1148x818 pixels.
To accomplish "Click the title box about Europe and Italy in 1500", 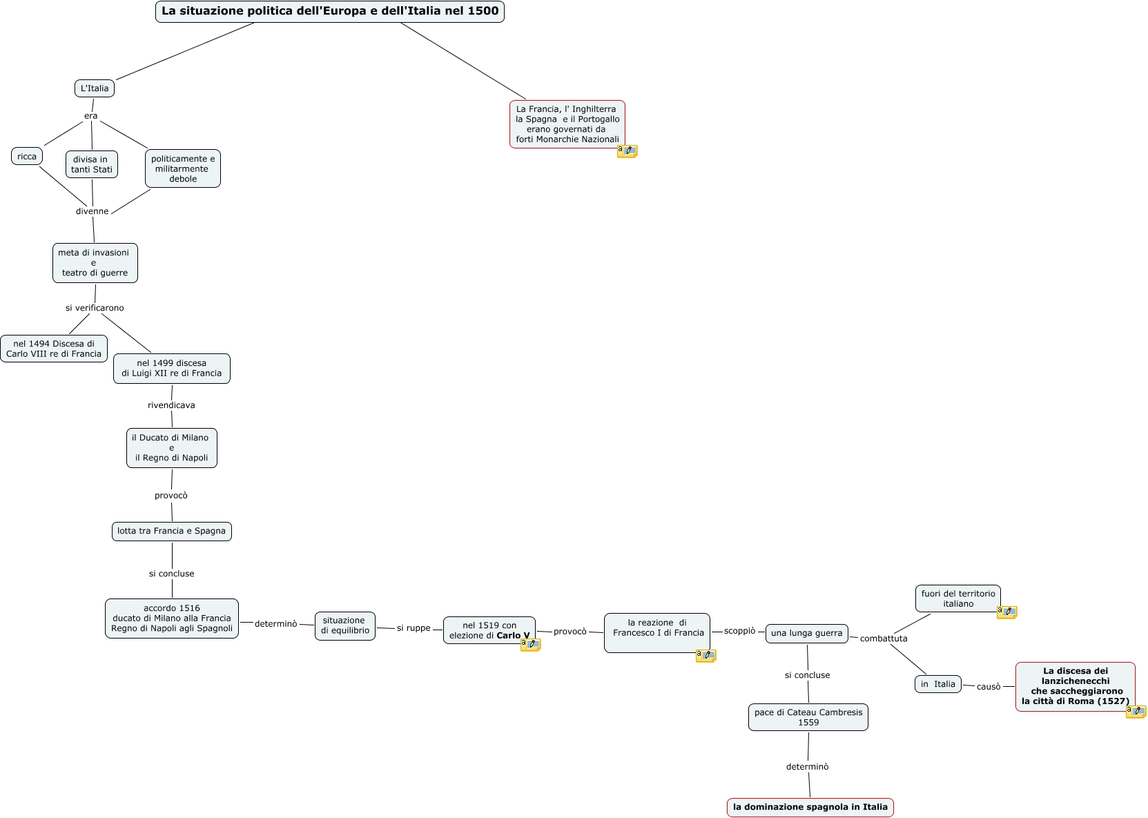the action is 329,12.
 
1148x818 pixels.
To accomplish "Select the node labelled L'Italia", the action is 95,88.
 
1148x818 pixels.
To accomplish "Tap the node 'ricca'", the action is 27,156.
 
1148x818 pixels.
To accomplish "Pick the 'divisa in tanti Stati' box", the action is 92,164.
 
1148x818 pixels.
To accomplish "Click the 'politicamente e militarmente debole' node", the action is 183,168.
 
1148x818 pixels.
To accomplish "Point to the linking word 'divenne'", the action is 93,211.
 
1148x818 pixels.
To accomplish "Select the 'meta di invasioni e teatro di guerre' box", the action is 95,263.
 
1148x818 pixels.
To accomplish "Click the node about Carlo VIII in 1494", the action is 54,349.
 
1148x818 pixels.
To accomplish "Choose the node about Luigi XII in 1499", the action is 172,369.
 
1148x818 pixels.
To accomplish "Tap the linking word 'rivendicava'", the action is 171,405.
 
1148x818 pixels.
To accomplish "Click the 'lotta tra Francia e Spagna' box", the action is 172,531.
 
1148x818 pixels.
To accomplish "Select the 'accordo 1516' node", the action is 172,619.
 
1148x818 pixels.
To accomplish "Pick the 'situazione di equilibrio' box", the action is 345,625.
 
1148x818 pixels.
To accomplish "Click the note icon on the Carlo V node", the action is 530,645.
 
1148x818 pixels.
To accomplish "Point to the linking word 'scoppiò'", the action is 739,631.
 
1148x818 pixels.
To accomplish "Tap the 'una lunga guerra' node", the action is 806,633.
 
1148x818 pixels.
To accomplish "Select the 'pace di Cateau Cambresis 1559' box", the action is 808,717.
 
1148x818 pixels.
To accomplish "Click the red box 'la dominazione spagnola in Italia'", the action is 810,807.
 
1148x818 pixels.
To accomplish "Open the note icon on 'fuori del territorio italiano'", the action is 1006,612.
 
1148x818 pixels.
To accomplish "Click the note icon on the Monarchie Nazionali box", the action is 627,150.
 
